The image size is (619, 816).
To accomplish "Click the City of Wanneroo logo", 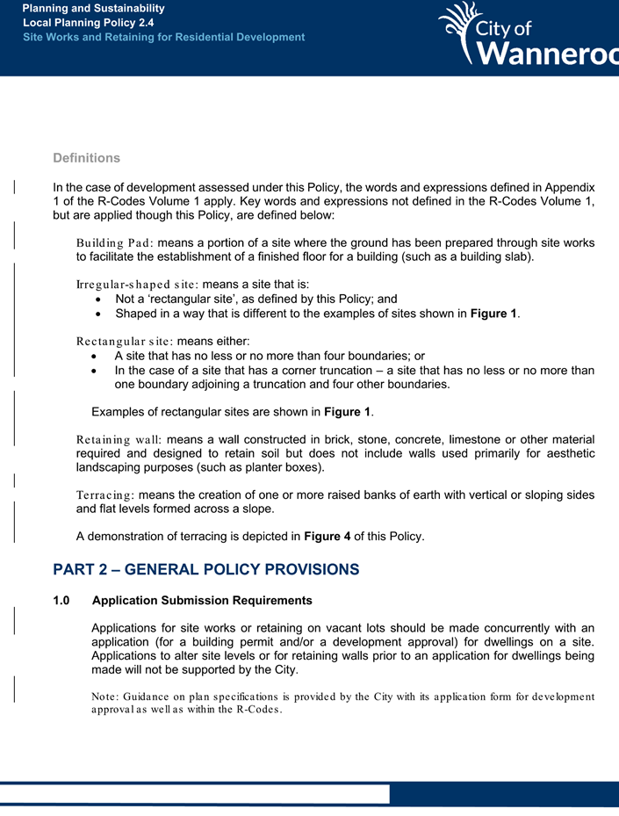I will (527, 37).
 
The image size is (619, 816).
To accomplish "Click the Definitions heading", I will (86, 158).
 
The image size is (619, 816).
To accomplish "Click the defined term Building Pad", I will (115, 242).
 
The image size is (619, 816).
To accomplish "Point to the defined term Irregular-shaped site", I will (137, 285).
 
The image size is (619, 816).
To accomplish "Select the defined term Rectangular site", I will (125, 341).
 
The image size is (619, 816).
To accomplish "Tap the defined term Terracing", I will (105, 495).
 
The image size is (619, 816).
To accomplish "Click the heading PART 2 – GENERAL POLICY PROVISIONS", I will (205, 569).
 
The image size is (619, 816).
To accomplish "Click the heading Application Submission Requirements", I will (201, 602).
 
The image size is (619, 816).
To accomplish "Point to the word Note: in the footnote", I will (105, 697).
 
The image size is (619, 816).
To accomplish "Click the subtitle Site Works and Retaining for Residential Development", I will (163, 37).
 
